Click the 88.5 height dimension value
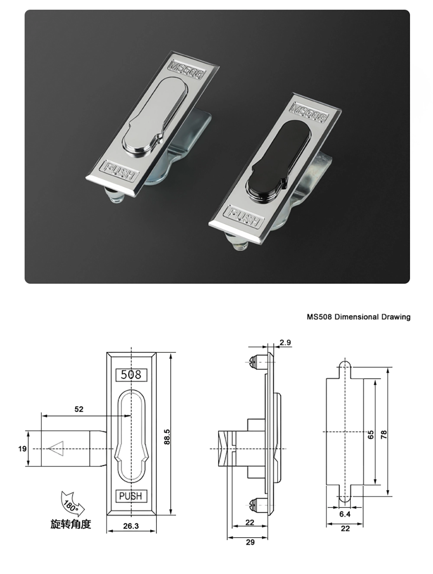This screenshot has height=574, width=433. pos(167,436)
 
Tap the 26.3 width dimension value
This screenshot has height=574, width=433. pos(131,526)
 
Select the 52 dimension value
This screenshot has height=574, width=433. pos(79,409)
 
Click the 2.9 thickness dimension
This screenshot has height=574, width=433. pos(285,342)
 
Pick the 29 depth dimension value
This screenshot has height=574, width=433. pos(250,542)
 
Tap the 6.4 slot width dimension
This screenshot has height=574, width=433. pos(345,514)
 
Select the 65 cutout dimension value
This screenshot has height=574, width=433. pos(371,435)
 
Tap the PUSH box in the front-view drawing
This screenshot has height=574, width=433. pos(131,496)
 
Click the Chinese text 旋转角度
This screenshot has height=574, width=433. pos(71,524)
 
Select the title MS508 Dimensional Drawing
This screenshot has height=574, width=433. pos(359,317)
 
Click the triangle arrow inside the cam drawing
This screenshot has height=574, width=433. pos(56,448)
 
